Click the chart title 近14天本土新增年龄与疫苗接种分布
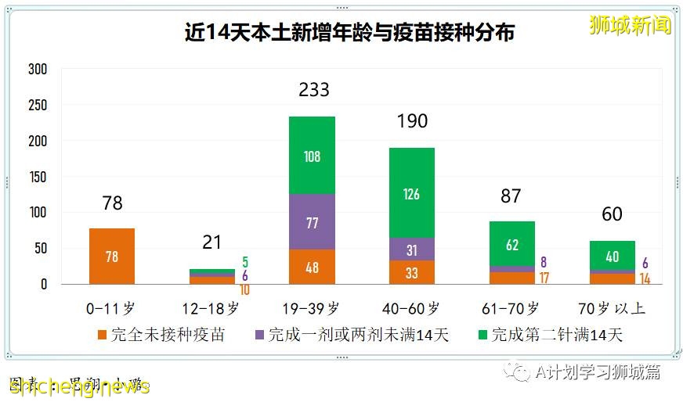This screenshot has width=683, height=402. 349,33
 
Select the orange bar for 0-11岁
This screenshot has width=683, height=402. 112,256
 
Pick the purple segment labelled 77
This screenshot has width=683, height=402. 312,222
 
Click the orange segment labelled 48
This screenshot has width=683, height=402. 312,267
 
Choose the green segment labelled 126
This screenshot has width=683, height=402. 411,192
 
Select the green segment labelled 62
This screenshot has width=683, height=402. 511,244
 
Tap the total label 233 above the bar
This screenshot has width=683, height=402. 313,90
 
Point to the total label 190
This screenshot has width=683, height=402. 412,121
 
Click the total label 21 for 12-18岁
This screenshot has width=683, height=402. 211,242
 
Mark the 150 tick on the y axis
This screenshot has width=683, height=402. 38,177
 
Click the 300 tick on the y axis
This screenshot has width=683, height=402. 38,70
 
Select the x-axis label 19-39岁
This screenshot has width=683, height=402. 312,308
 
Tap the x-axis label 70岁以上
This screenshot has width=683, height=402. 612,308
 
